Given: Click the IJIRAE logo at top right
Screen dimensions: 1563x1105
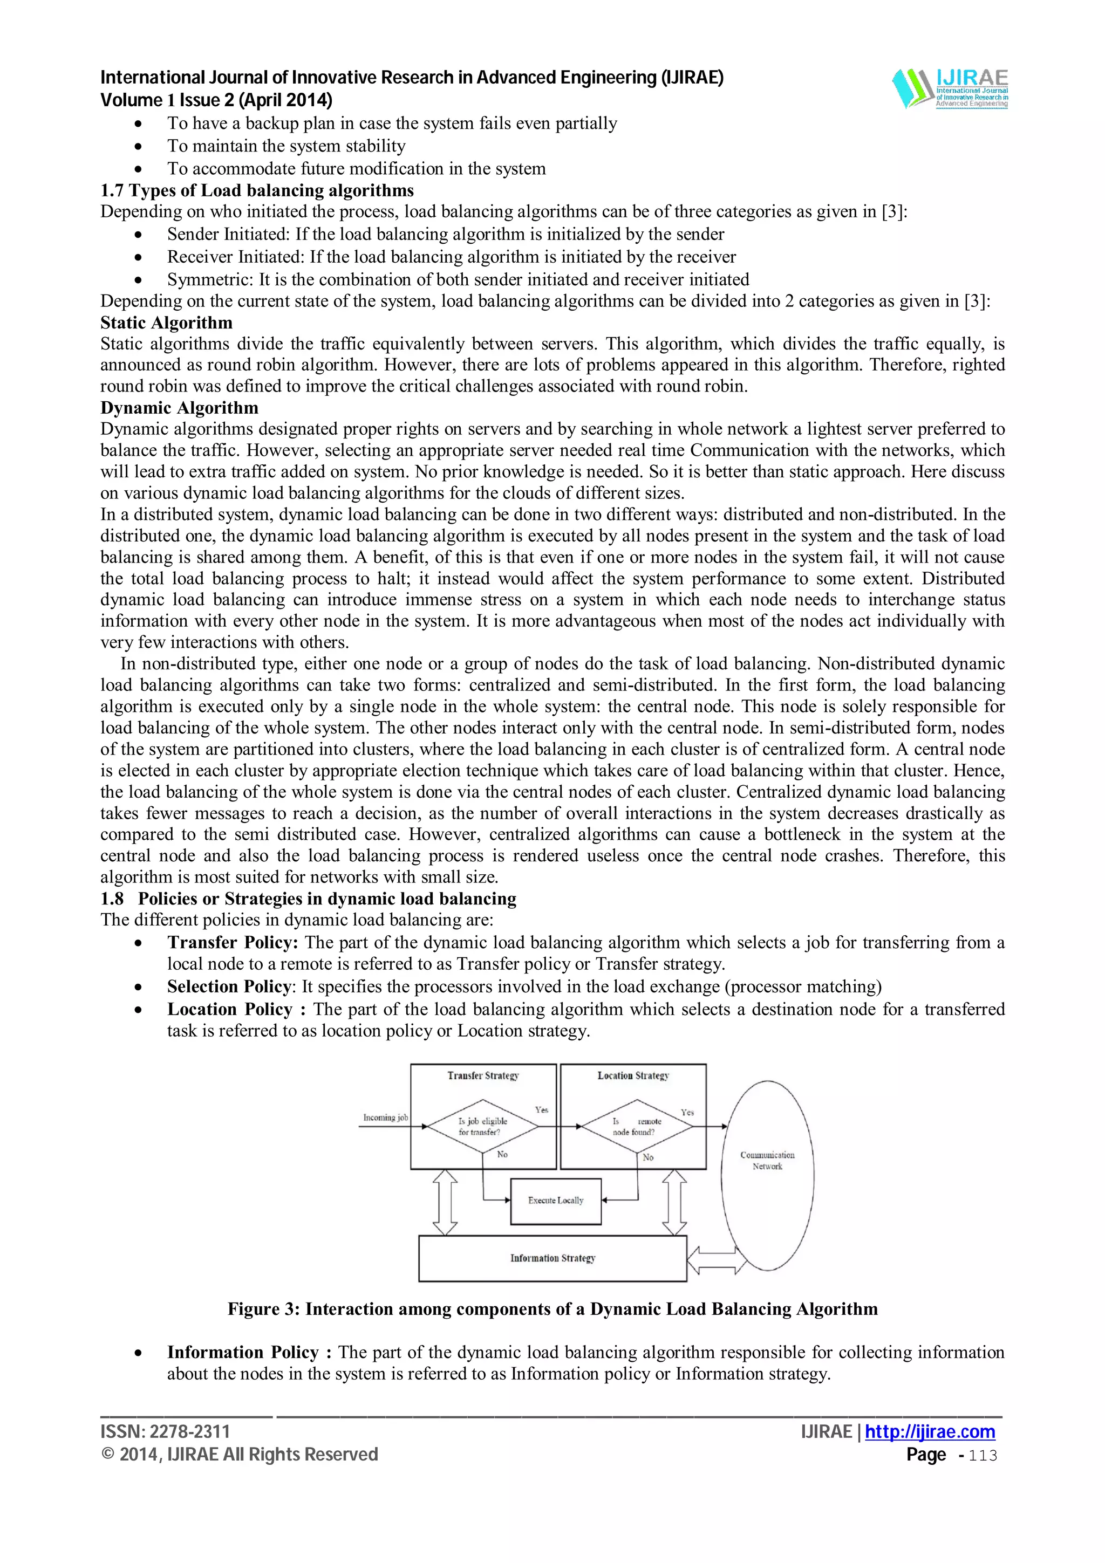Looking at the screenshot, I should tap(951, 88).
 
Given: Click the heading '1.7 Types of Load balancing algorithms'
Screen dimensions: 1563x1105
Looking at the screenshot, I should tap(257, 190).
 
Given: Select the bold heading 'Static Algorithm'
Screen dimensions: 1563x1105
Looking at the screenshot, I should tap(166, 323).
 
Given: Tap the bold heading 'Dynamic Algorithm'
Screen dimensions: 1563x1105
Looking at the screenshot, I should tap(179, 408).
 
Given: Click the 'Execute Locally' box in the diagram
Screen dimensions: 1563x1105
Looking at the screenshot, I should tap(556, 1201).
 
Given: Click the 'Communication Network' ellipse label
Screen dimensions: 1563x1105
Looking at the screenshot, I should tap(767, 1161).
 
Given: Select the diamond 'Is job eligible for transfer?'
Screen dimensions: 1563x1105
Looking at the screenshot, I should tap(483, 1127).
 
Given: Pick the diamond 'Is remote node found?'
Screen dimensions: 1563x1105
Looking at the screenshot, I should tap(636, 1127).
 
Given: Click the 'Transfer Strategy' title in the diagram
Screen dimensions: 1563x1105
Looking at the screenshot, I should tap(483, 1075).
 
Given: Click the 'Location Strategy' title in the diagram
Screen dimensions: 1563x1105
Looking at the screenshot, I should tap(633, 1075).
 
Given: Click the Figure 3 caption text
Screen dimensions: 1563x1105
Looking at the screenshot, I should tap(552, 1309).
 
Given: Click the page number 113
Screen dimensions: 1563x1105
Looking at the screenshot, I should tap(983, 1456).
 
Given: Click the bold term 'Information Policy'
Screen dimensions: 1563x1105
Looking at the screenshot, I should tap(242, 1352).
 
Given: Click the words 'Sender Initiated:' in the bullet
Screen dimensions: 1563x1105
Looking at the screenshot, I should tap(229, 234).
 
